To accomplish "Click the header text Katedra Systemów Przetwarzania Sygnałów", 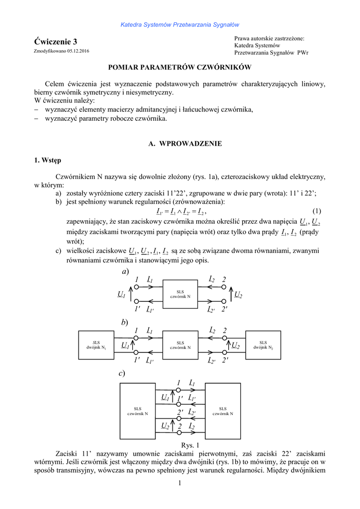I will point(180,24).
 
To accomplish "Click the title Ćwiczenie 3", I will point(56,41).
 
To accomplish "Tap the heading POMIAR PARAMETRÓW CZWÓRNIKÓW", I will point(180,67).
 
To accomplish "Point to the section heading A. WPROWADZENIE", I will point(185,144).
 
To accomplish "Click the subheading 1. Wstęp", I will point(48,160).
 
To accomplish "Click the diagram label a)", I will point(125,271).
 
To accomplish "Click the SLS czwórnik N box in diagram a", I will point(180,294).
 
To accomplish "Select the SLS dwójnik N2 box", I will point(263,345).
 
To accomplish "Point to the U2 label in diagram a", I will point(238,295).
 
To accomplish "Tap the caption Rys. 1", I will point(191,445).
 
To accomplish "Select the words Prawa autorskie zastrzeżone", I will point(269,38).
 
